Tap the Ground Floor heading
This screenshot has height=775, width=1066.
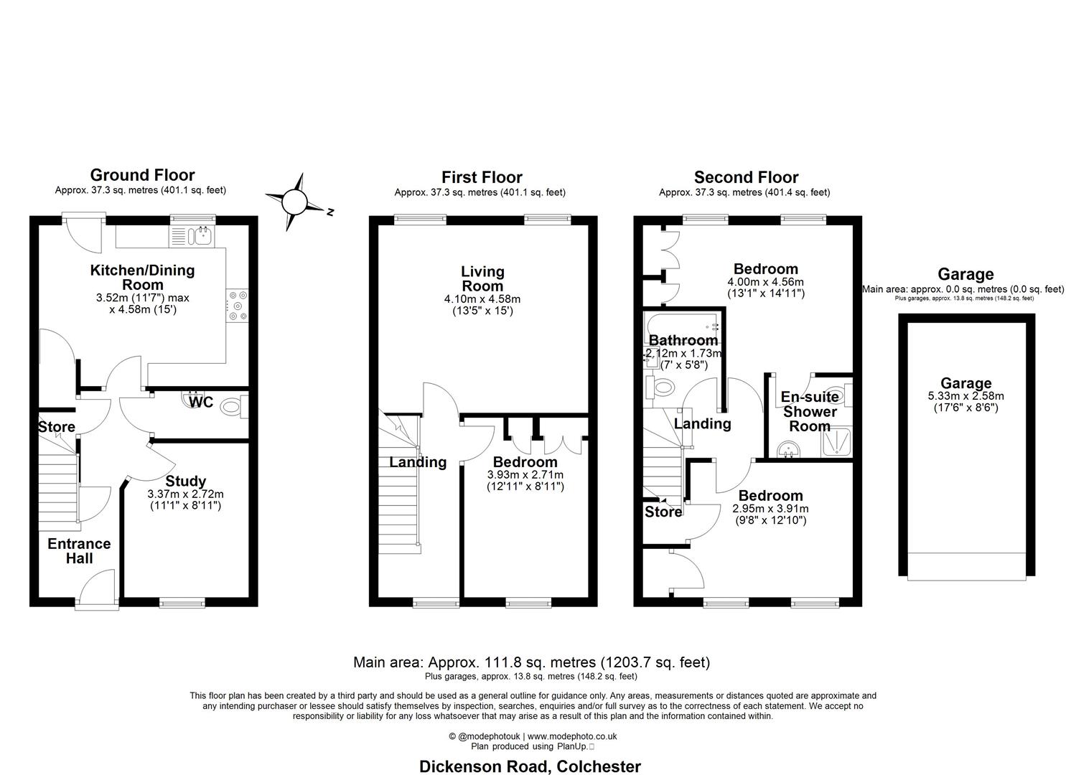click(x=142, y=174)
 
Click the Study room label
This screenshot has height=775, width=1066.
click(x=185, y=481)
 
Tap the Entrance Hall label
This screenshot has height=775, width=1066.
click(x=79, y=551)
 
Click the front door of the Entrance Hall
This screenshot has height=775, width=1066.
click(x=96, y=588)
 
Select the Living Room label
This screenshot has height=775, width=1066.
click(x=482, y=278)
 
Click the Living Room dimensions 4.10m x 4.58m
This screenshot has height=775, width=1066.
click(x=482, y=299)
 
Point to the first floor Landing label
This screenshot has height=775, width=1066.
click(x=418, y=462)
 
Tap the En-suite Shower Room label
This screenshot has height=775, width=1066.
click(x=810, y=411)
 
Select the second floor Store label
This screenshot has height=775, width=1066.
click(x=663, y=512)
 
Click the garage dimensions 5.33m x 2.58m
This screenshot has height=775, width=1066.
click(x=966, y=396)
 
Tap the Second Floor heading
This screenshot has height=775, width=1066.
click(x=746, y=177)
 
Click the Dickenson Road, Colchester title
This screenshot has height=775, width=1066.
click(x=530, y=766)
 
